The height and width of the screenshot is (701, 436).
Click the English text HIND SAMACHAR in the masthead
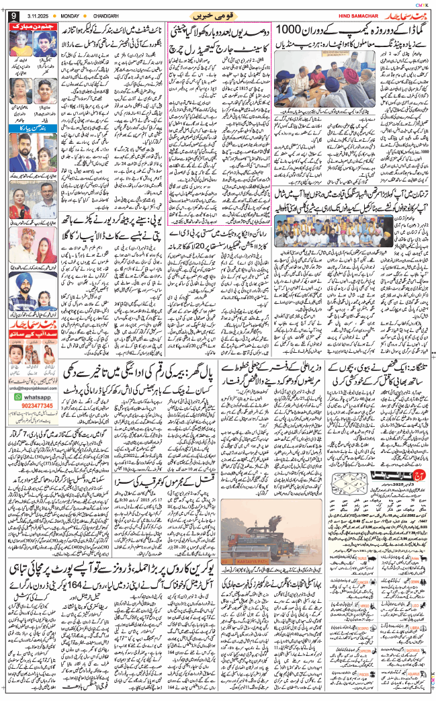364,14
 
